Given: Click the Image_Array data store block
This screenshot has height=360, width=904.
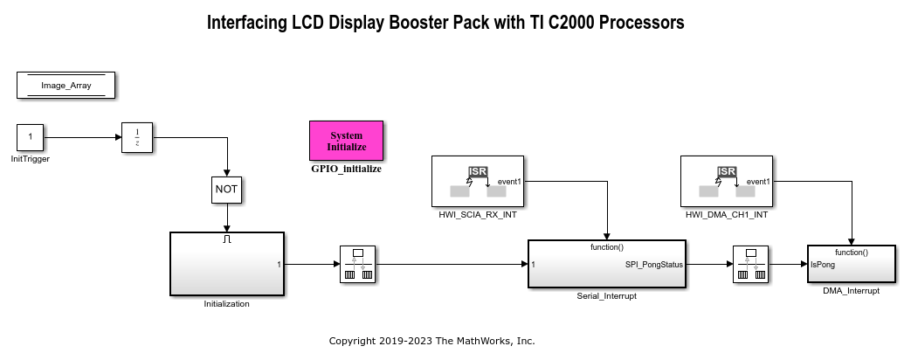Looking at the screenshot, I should pyautogui.click(x=66, y=86).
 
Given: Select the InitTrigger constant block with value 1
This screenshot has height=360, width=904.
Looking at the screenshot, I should pyautogui.click(x=31, y=137).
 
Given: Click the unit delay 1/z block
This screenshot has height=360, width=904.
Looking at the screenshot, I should pyautogui.click(x=136, y=137).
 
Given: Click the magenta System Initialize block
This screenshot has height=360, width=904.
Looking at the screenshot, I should pyautogui.click(x=346, y=141).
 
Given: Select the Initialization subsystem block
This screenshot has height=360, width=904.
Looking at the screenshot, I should pyautogui.click(x=226, y=264).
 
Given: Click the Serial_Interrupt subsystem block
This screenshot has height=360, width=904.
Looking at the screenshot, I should pyautogui.click(x=607, y=265).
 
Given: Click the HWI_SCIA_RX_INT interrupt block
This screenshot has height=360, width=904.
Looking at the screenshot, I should pyautogui.click(x=477, y=181).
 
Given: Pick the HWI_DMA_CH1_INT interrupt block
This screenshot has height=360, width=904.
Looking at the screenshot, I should pyautogui.click(x=726, y=181).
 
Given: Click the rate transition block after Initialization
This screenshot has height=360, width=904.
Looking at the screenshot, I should pyautogui.click(x=355, y=264).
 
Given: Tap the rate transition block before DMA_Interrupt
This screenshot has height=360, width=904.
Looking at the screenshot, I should pyautogui.click(x=752, y=264).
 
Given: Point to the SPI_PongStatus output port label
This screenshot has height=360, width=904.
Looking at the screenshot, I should pyautogui.click(x=654, y=264).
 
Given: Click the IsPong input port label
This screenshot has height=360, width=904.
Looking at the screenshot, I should pyautogui.click(x=823, y=264).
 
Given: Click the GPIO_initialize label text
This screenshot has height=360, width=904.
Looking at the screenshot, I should pyautogui.click(x=346, y=169).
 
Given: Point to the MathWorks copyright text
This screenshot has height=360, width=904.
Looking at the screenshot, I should pyautogui.click(x=431, y=341).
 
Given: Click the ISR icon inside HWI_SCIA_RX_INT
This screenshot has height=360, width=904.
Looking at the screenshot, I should pyautogui.click(x=478, y=171).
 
